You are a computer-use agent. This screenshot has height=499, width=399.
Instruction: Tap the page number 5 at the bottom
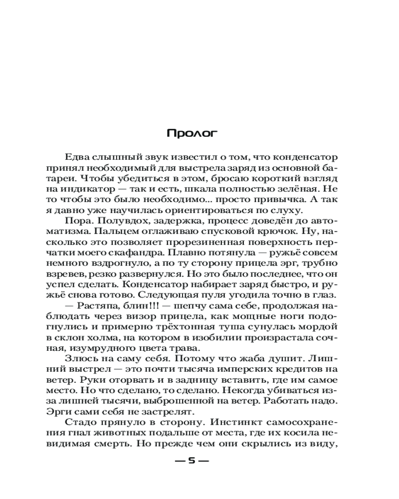pos(192,461)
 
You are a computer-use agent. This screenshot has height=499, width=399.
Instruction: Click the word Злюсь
pos(78,358)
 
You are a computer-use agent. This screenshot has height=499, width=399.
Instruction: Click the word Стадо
pos(79,422)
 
